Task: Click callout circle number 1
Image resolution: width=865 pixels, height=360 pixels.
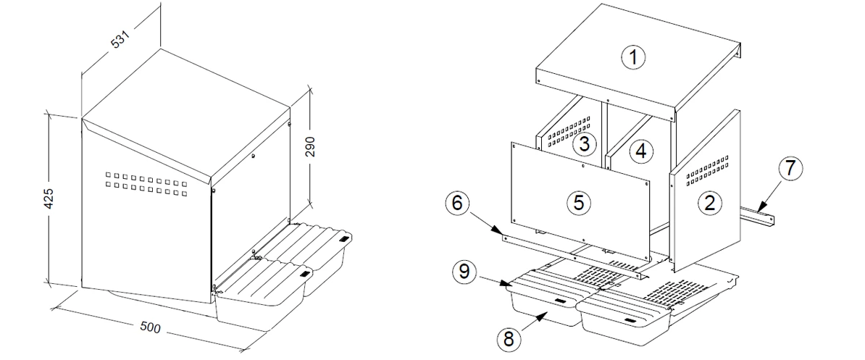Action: [634, 56]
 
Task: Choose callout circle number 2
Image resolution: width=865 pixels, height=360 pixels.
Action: [710, 203]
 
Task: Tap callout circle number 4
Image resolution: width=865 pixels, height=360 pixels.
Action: [641, 151]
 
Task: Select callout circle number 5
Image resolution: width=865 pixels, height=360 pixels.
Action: [577, 202]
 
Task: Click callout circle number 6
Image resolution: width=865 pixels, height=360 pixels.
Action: [456, 204]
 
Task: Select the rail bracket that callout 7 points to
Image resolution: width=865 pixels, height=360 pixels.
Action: [758, 214]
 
